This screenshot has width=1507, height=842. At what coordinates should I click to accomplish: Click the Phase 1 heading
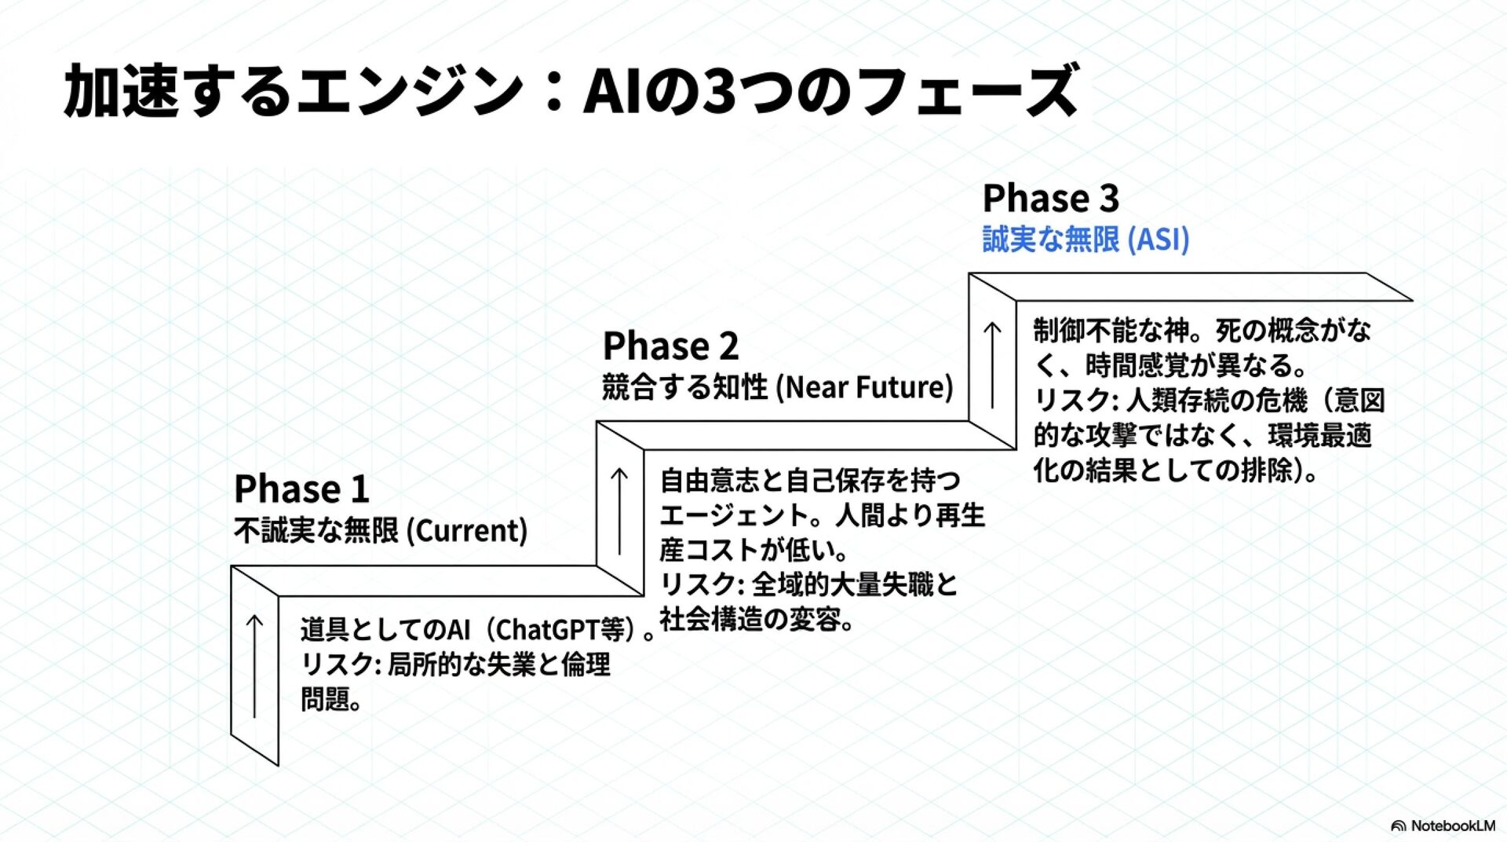301,489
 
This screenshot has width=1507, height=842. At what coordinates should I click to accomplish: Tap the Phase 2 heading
670,346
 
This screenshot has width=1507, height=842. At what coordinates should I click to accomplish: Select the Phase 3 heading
1050,198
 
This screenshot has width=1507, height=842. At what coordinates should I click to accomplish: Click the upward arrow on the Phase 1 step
254,665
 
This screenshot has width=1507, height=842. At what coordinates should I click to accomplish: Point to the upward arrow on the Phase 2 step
619,511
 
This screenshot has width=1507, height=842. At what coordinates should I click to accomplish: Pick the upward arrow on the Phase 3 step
992,364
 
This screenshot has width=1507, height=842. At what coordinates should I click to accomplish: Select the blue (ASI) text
1159,240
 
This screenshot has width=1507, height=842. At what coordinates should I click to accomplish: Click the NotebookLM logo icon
1398,826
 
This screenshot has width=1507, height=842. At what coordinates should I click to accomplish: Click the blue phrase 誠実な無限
1050,240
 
